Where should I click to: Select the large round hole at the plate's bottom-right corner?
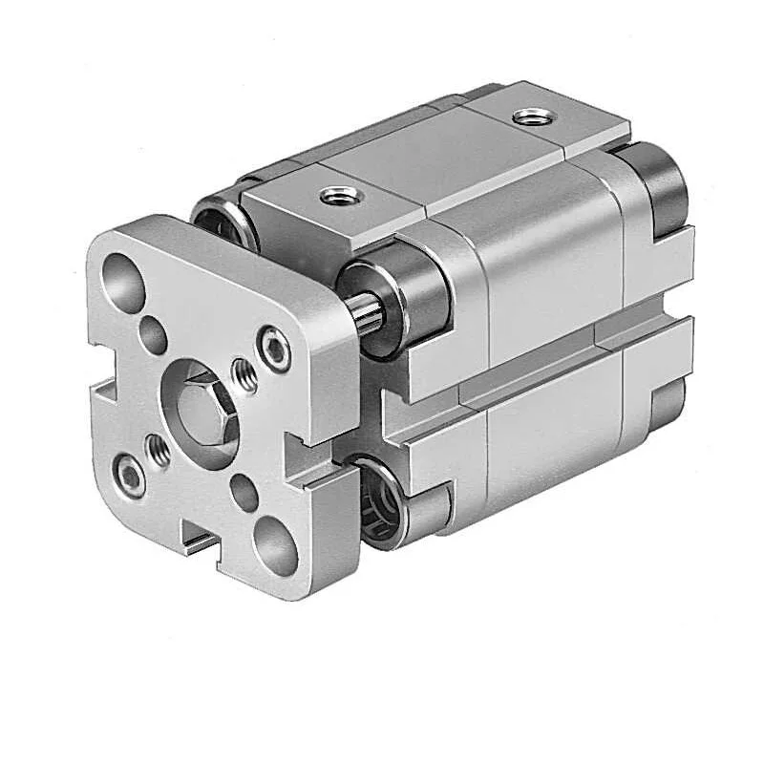tap(275, 545)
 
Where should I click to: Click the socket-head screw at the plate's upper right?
tap(276, 350)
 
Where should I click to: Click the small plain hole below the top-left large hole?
tap(153, 335)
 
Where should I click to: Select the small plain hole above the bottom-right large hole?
tap(245, 493)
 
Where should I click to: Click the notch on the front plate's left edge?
tap(97, 393)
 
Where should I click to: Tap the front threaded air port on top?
tap(341, 195)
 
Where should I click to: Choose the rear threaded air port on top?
tap(526, 117)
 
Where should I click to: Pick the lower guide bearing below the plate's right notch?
tap(382, 497)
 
